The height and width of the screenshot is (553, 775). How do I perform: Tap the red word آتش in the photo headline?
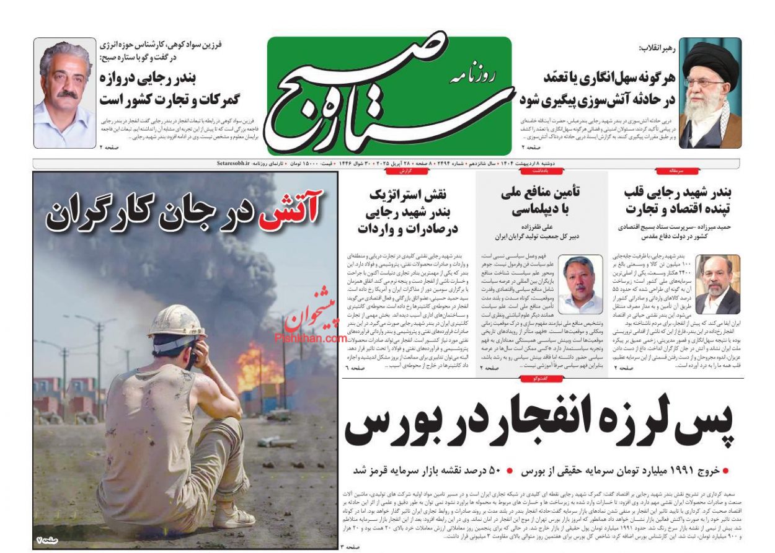click(291, 211)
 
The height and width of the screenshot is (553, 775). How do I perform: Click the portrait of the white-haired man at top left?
click(64, 93)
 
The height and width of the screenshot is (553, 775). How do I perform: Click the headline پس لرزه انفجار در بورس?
click(539, 425)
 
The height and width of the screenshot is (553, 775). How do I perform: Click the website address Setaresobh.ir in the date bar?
click(232, 163)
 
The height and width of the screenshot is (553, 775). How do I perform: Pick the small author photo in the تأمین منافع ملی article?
click(580, 284)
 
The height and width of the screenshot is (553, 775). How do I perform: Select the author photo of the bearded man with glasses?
click(717, 284)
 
